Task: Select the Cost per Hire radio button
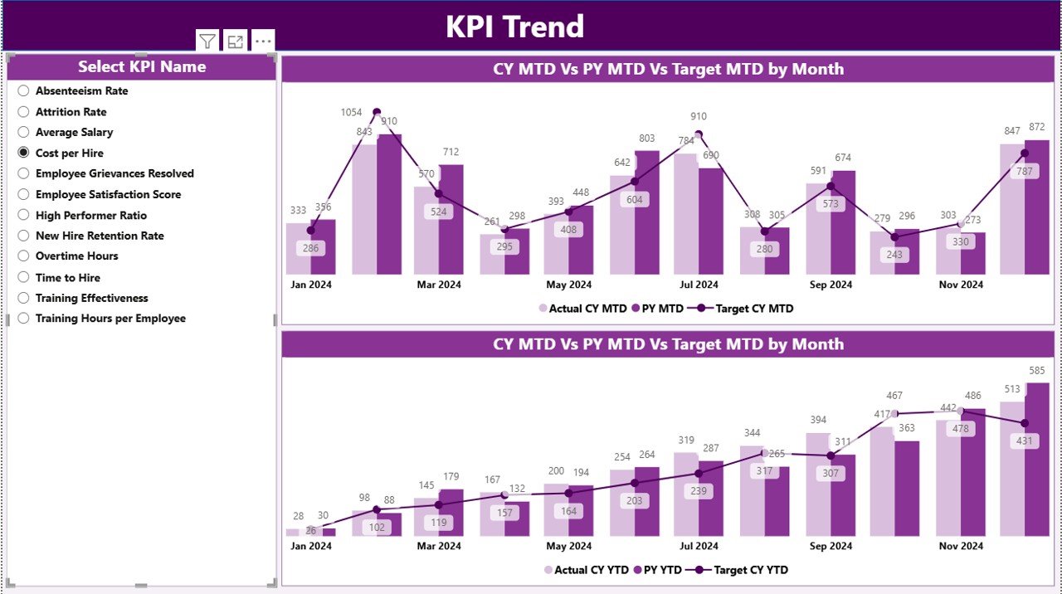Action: pyautogui.click(x=24, y=153)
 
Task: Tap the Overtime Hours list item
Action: pyautogui.click(x=76, y=256)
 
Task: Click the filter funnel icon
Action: pyautogui.click(x=207, y=41)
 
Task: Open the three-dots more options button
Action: pyautogui.click(x=263, y=41)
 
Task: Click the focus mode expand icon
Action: pyautogui.click(x=236, y=41)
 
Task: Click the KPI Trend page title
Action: pyautogui.click(x=514, y=27)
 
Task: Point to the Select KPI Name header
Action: pyautogui.click(x=142, y=67)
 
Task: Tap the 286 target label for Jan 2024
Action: pyautogui.click(x=311, y=247)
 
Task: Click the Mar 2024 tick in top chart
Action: pyautogui.click(x=439, y=285)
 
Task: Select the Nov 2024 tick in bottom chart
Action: pyautogui.click(x=961, y=546)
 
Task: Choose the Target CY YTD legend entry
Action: pyautogui.click(x=743, y=570)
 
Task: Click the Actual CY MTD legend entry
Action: pyautogui.click(x=582, y=309)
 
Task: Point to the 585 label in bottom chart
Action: pyautogui.click(x=1037, y=370)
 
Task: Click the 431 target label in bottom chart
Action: pyautogui.click(x=1025, y=441)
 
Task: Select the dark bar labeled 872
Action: pyautogui.click(x=1037, y=207)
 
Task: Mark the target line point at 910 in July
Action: pyautogui.click(x=699, y=134)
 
